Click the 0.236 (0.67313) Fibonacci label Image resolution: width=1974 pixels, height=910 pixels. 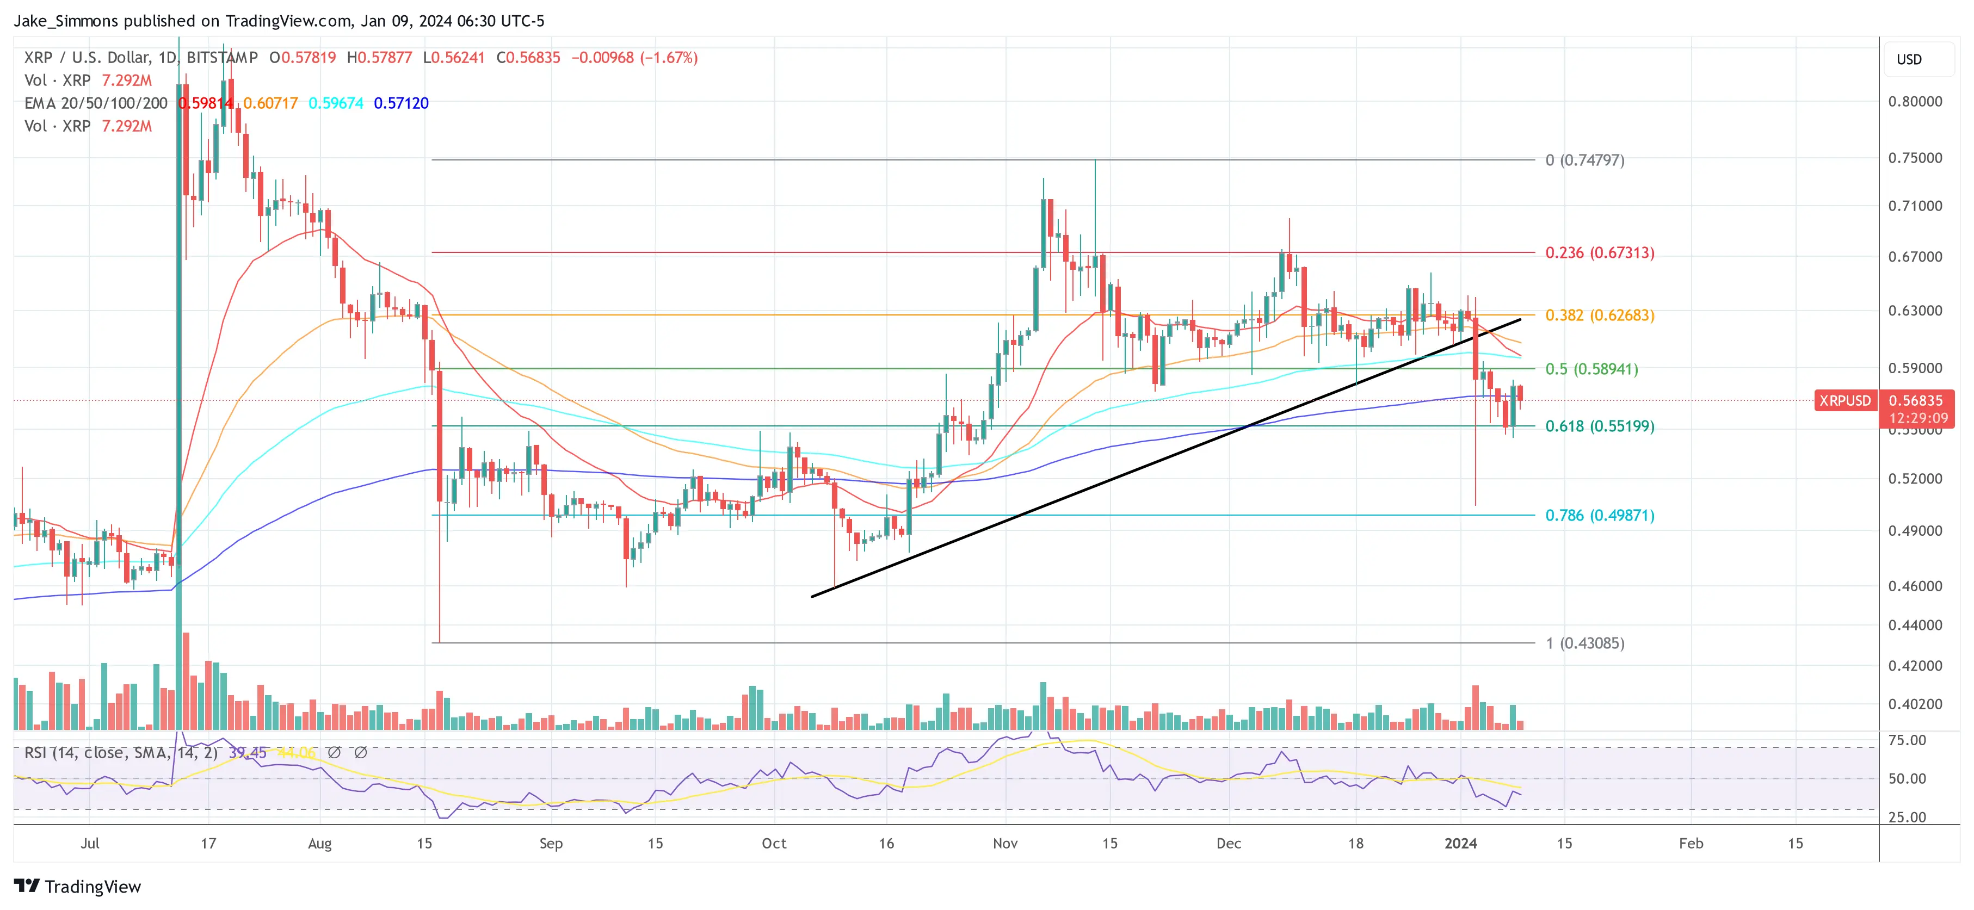(1599, 253)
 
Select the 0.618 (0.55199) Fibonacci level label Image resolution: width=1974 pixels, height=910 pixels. (1599, 426)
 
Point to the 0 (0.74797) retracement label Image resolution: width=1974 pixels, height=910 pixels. (1585, 160)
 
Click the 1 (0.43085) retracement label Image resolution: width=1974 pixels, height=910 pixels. (1585, 643)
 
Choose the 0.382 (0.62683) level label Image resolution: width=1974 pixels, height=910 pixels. (1599, 315)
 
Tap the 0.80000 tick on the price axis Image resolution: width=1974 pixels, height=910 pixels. (1915, 101)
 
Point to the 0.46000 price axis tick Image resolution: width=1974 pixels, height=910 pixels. (1915, 586)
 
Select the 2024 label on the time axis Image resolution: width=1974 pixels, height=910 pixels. (1460, 843)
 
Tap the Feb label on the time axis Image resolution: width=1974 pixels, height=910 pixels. (1691, 843)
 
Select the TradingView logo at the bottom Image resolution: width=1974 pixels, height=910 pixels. (78, 886)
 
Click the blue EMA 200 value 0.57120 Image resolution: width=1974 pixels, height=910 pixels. (401, 103)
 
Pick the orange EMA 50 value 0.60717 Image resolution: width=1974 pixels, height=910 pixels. (270, 103)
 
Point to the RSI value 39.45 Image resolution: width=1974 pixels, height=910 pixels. (248, 753)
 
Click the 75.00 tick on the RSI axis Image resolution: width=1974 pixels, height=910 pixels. (1907, 740)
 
